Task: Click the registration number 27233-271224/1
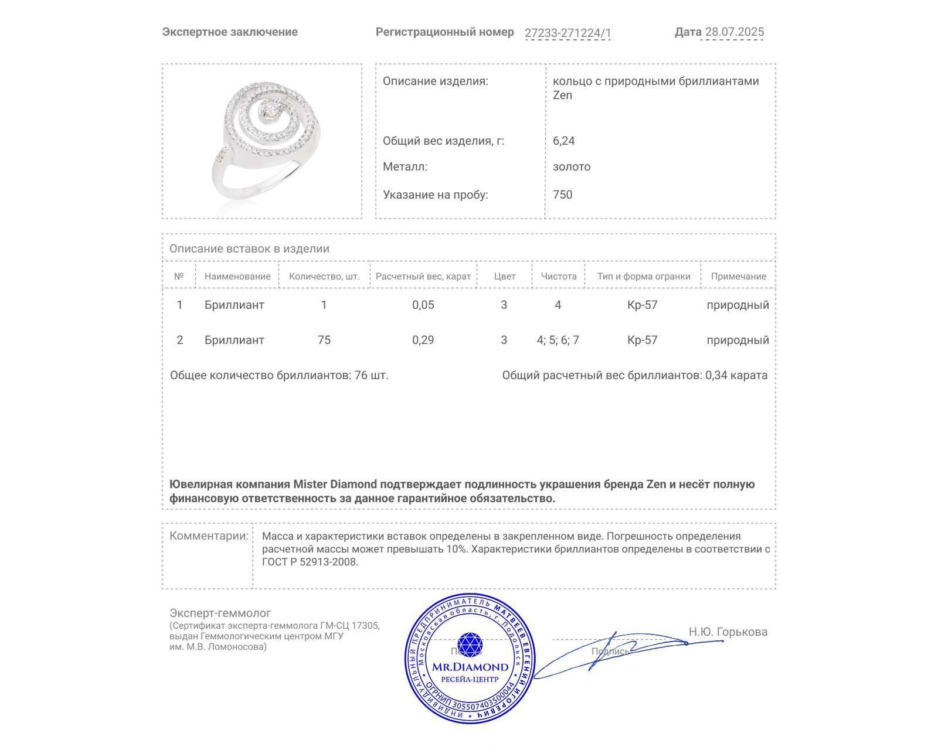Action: tap(567, 33)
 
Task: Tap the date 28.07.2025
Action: tap(734, 32)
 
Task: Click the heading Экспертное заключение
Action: tap(230, 32)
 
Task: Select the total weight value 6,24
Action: tap(563, 141)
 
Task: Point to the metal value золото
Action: tap(572, 167)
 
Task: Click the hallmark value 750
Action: tap(562, 195)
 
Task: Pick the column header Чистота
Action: tap(559, 277)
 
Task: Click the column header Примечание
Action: tap(738, 277)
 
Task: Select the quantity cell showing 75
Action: tap(324, 340)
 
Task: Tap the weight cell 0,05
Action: tap(423, 305)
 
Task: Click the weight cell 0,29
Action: tap(423, 340)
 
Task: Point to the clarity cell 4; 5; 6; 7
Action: tap(558, 340)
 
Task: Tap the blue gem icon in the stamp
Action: tap(470, 645)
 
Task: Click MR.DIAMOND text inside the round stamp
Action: tap(470, 667)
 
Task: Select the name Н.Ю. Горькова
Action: tap(728, 632)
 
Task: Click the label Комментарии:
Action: tap(209, 536)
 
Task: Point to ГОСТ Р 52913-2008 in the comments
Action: tap(310, 562)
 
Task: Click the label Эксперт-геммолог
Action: tap(220, 613)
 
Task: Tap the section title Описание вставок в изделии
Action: tap(249, 248)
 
